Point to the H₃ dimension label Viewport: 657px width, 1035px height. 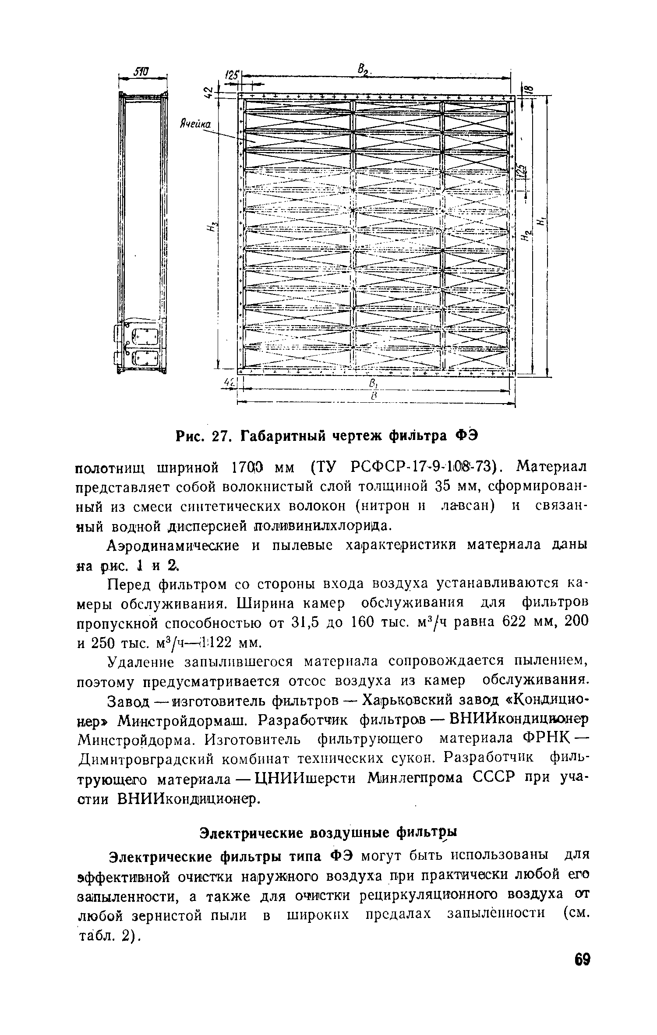coord(213,227)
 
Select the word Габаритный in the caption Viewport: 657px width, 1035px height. coord(287,436)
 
